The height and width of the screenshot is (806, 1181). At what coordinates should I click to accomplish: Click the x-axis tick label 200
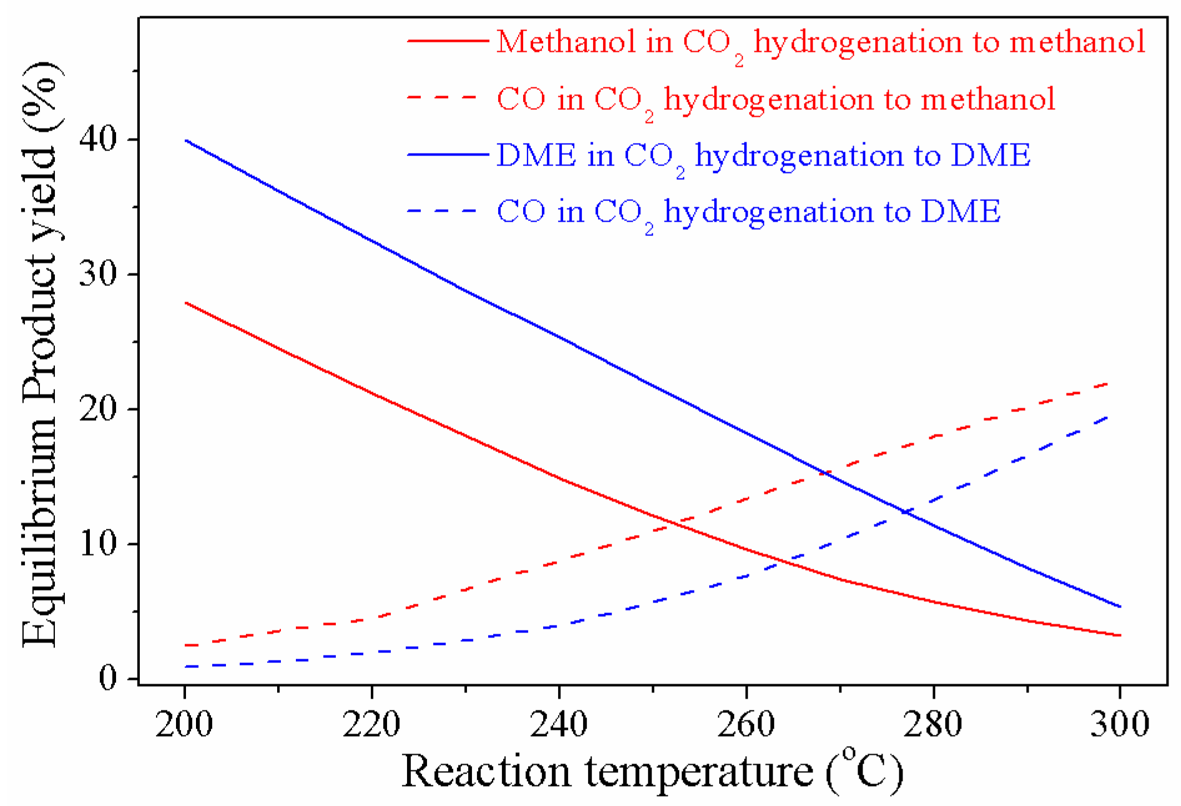184,725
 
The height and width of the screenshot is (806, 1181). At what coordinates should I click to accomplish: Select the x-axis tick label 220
371,725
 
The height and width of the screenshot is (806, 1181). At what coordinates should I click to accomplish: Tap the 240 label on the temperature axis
559,725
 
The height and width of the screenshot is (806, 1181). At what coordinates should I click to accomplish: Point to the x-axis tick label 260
746,725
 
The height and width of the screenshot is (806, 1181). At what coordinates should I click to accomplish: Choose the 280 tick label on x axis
933,725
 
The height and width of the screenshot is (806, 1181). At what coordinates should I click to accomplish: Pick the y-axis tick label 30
99,274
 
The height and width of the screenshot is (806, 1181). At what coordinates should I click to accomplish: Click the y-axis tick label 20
99,409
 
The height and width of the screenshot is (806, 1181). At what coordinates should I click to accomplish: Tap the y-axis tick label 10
99,544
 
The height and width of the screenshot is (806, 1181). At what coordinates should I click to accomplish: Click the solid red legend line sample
448,41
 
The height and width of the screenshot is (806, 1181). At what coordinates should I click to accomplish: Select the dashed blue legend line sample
443,212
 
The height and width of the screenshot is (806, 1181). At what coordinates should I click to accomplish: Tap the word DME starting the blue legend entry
536,155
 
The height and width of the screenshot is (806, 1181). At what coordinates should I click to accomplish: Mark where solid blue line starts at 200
186,140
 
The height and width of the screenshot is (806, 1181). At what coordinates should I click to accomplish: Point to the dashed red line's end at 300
1108,383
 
